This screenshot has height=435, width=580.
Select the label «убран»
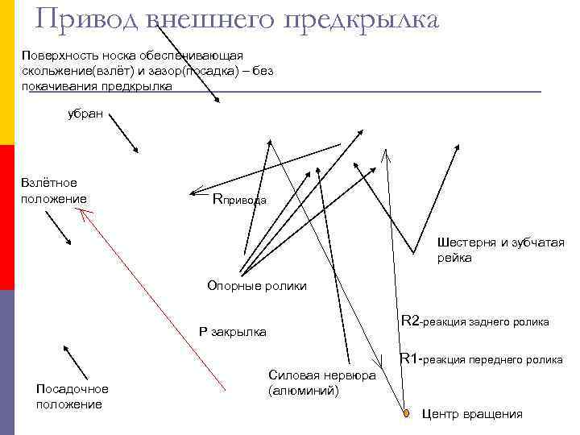(x=85, y=114)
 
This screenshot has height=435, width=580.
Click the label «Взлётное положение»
(x=55, y=191)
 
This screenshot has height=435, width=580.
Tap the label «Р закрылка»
(x=232, y=332)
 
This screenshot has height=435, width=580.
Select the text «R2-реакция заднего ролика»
(x=474, y=322)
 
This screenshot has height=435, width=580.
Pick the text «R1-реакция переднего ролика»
(x=481, y=359)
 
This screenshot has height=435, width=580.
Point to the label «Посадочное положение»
(x=72, y=396)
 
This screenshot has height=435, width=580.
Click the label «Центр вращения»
(x=472, y=414)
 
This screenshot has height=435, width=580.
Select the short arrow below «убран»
(x=122, y=132)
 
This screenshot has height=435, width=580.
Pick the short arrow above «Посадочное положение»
(x=76, y=361)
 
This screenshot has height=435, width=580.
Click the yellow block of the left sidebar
(x=6, y=72)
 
